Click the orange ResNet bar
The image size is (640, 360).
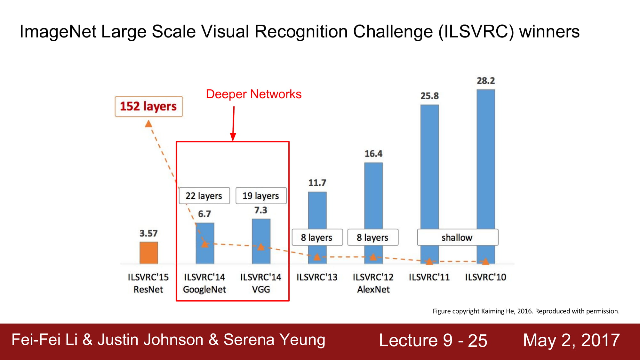[149, 253]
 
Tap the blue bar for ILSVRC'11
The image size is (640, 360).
[429, 184]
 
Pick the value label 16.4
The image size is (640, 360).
[373, 154]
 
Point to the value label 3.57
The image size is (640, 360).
[148, 233]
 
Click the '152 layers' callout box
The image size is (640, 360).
[149, 107]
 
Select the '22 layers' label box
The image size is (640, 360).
[204, 196]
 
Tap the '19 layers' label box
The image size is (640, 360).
[261, 196]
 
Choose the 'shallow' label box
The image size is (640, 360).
[458, 237]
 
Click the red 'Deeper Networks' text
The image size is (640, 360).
[254, 94]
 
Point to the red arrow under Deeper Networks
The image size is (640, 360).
[234, 124]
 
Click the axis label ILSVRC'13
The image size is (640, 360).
[317, 277]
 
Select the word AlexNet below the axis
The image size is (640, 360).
[373, 289]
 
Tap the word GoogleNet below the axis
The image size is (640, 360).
[204, 290]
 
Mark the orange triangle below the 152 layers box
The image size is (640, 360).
[148, 124]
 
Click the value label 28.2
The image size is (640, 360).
[486, 81]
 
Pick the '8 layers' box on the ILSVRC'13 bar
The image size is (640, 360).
[317, 237]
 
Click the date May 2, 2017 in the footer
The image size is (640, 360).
[572, 340]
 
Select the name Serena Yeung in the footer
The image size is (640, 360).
[274, 340]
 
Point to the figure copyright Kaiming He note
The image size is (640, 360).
[526, 311]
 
